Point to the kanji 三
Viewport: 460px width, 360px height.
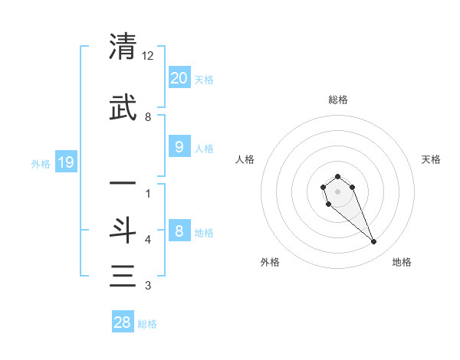(x=123, y=276)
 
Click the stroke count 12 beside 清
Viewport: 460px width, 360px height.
(x=148, y=56)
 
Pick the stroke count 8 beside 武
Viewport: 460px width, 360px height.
(x=148, y=117)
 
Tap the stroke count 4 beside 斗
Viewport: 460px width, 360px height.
(x=148, y=240)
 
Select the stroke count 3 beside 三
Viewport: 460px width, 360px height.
(x=148, y=286)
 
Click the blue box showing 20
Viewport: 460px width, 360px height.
(x=179, y=77)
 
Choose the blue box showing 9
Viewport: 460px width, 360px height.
(x=179, y=146)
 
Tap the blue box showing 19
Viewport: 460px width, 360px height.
(x=65, y=162)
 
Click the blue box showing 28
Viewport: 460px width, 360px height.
(x=123, y=322)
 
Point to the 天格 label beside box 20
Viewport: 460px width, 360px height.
(x=204, y=80)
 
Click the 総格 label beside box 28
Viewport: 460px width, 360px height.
(x=147, y=324)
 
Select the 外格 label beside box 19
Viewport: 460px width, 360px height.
(x=40, y=163)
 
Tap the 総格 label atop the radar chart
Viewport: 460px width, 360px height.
(x=338, y=100)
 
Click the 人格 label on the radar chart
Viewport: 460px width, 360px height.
(x=245, y=159)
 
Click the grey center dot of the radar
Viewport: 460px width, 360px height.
(x=338, y=191)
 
